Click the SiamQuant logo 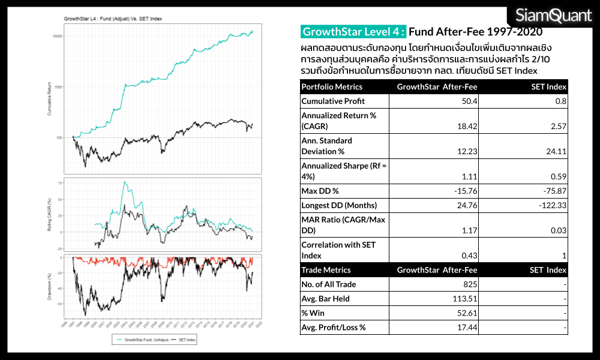point(553,16)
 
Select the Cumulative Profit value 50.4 point(471,101)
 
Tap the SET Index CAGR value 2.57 point(559,126)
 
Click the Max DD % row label point(320,191)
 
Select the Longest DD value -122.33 point(553,205)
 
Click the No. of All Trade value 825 point(470,284)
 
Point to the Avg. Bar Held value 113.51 point(464,298)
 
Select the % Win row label point(313,313)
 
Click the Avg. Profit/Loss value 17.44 point(467,328)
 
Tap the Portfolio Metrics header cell point(332,87)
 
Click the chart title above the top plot point(113,19)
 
